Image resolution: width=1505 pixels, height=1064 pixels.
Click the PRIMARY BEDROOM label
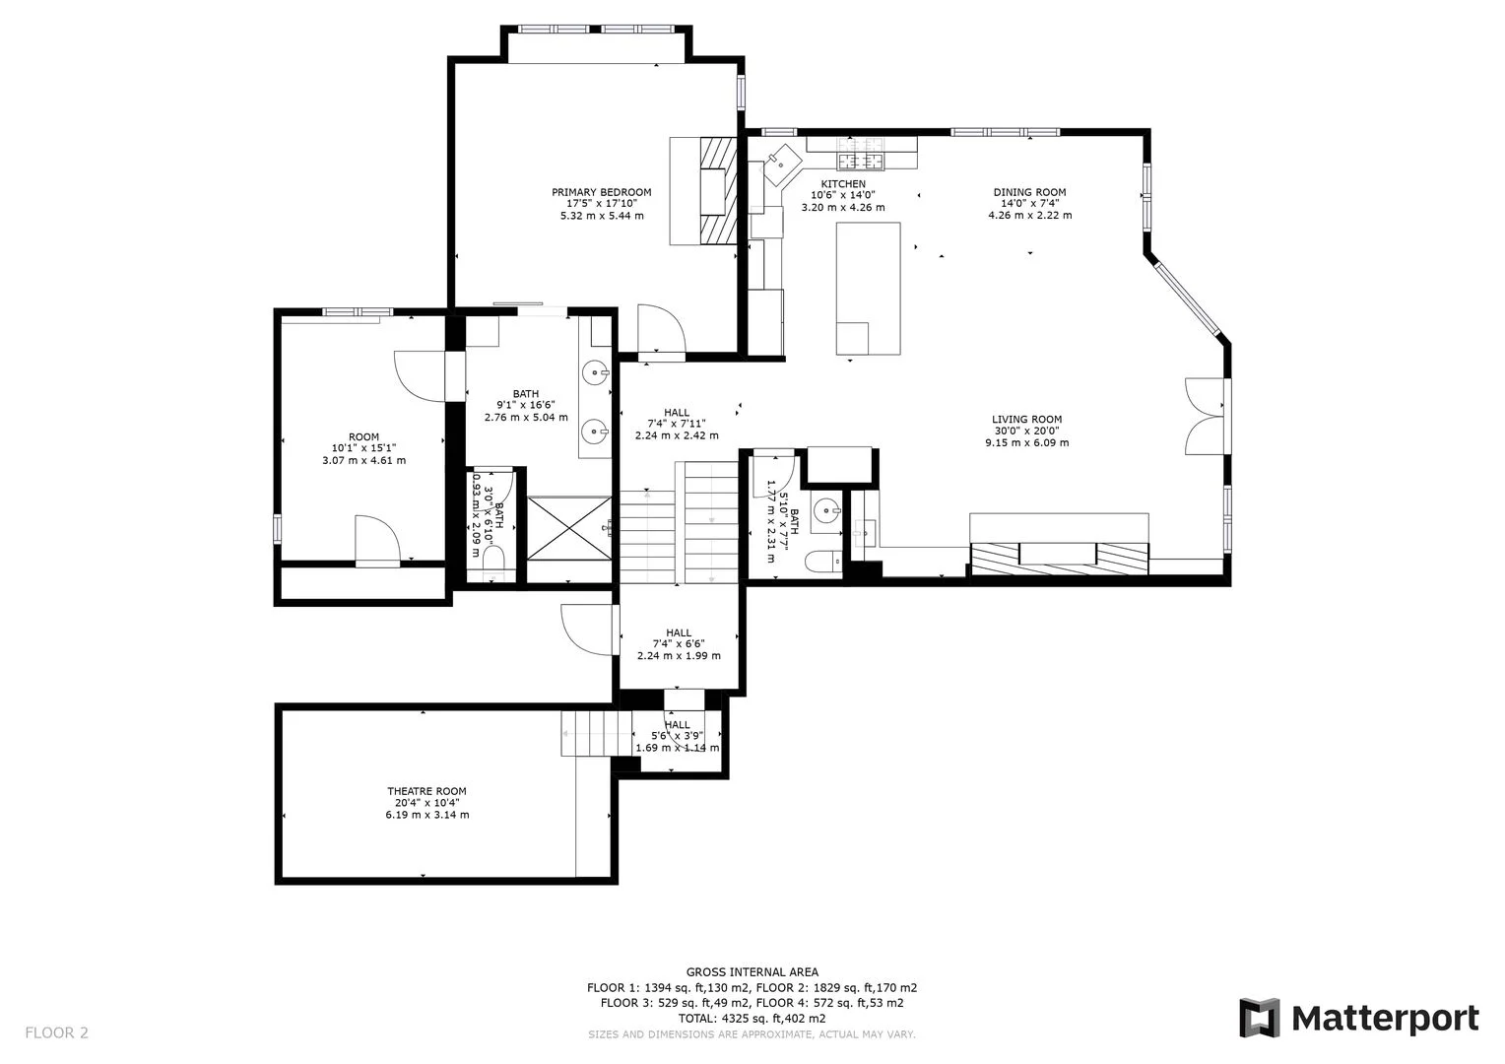pyautogui.click(x=601, y=192)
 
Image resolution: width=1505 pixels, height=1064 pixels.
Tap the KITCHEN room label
pyautogui.click(x=843, y=184)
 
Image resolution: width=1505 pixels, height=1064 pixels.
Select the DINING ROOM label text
pyautogui.click(x=1029, y=192)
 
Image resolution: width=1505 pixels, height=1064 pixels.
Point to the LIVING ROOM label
pyautogui.click(x=1026, y=419)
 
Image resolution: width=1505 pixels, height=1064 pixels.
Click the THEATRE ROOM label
pyautogui.click(x=426, y=791)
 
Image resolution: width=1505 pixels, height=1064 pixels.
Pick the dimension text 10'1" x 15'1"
pyautogui.click(x=363, y=448)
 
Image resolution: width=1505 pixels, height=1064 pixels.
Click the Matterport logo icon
pyautogui.click(x=1259, y=1018)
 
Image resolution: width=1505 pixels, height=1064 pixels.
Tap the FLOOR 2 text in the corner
pyautogui.click(x=56, y=1032)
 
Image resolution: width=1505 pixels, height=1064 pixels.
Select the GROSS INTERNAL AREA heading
pyautogui.click(x=752, y=972)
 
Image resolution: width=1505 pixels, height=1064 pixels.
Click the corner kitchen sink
pyautogui.click(x=785, y=158)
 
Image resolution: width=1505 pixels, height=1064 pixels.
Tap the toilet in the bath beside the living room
pyautogui.click(x=821, y=563)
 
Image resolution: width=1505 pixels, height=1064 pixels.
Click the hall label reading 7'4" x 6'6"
pyautogui.click(x=679, y=643)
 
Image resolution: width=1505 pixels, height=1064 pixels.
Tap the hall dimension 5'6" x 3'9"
pyautogui.click(x=678, y=736)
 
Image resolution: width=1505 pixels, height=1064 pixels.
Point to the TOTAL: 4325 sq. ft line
pyautogui.click(x=752, y=1018)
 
